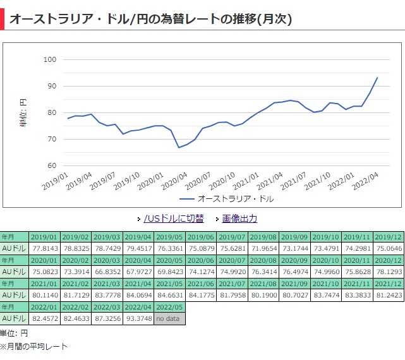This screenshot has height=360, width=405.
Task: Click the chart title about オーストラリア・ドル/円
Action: point(151,19)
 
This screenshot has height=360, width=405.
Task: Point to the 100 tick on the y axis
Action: point(50,59)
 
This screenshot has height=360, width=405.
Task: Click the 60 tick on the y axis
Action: point(50,165)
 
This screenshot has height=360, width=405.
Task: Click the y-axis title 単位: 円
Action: point(23,112)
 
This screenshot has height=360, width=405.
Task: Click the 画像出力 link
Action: point(239,219)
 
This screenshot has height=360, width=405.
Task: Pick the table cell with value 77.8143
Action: point(45,248)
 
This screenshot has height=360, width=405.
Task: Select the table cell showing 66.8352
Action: point(107,272)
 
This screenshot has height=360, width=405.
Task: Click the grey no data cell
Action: point(170,318)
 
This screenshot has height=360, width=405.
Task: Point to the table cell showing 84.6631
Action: point(170,295)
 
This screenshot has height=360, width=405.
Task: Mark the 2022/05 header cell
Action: point(170,307)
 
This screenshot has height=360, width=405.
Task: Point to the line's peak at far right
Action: point(377,78)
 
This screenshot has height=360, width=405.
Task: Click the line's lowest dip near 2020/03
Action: point(179,147)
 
